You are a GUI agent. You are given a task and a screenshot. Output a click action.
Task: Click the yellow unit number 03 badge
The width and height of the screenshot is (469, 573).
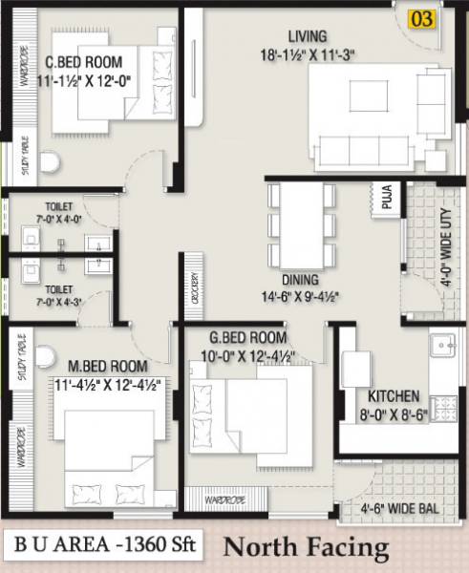(x=422, y=18)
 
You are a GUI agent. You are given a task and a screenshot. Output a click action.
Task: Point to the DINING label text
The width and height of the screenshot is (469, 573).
(x=300, y=280)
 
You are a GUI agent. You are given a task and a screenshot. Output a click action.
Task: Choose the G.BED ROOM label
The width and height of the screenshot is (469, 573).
(x=248, y=339)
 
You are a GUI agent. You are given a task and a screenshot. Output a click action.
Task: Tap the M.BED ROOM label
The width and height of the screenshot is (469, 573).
(x=107, y=366)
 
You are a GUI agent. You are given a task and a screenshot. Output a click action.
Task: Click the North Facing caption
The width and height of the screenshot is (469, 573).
(x=306, y=548)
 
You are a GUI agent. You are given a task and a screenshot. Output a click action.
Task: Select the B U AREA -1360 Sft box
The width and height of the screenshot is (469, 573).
(x=103, y=546)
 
